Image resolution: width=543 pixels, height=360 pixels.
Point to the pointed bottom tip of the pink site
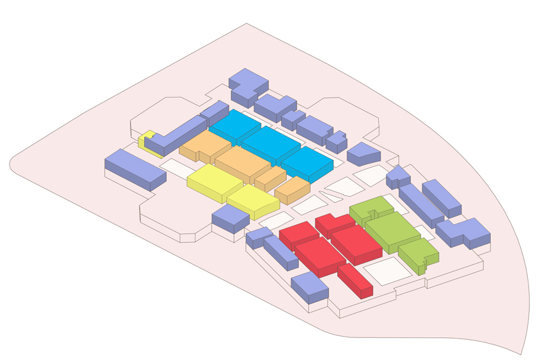520,353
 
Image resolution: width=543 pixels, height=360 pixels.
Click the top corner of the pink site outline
246,24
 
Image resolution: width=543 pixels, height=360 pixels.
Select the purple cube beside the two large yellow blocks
230,217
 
